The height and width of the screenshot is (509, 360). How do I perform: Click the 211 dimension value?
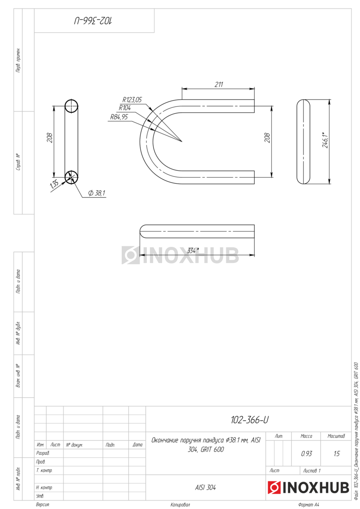[219, 84]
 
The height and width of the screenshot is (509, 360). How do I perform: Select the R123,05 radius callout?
[132, 100]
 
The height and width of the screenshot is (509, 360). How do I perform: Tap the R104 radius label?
[125, 108]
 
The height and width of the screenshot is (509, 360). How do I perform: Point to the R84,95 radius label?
[119, 117]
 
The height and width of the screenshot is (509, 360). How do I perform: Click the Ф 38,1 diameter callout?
[97, 193]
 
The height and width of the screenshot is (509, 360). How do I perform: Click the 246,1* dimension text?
[325, 140]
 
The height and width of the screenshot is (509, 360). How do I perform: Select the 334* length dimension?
[193, 250]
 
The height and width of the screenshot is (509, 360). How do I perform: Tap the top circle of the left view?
[71, 106]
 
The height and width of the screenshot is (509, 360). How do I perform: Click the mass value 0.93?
[307, 453]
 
